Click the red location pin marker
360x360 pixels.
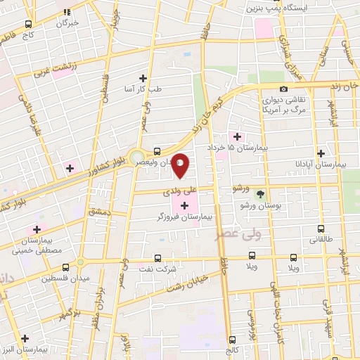click(x=181, y=165)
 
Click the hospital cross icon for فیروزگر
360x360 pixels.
click(x=184, y=205)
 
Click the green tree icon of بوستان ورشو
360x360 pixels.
click(x=261, y=193)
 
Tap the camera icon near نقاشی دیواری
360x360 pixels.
click(x=283, y=89)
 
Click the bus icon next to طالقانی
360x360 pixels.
click(x=321, y=229)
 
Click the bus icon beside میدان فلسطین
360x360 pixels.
click(x=65, y=267)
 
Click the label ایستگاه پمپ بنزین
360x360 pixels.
click(x=274, y=8)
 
